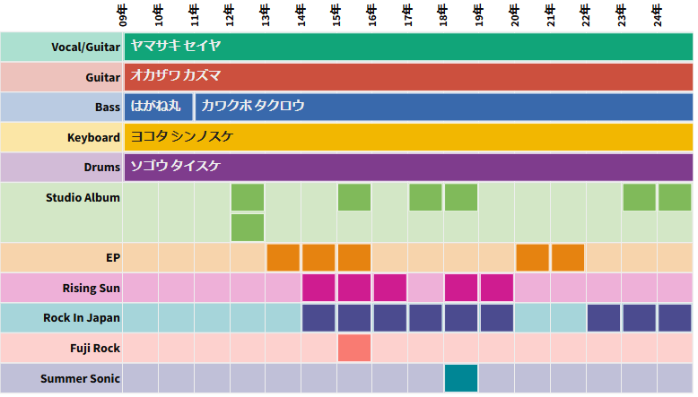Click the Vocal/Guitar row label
pos(87,46)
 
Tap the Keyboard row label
pos(93,137)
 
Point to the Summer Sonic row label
pos(80,378)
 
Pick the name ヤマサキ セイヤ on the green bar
pos(176,46)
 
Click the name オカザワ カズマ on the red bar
pos(176,76)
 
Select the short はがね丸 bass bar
pos(158,106)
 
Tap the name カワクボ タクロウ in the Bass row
pos(253,106)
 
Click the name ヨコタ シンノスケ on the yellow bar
pos(182,137)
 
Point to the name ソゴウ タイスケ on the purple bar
pos(176,167)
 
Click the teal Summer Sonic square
pos(461,378)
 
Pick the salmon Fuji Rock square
pos(354,348)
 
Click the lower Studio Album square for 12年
pos(248,228)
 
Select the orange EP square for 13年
pos(284,257)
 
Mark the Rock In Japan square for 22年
pos(604,318)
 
